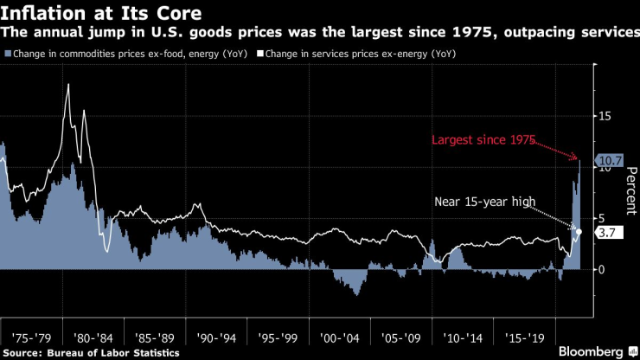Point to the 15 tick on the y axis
(608, 116)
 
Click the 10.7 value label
(610, 160)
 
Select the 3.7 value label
(606, 232)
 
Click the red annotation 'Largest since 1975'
(484, 139)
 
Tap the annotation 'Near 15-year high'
(485, 202)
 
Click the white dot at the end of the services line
(579, 231)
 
